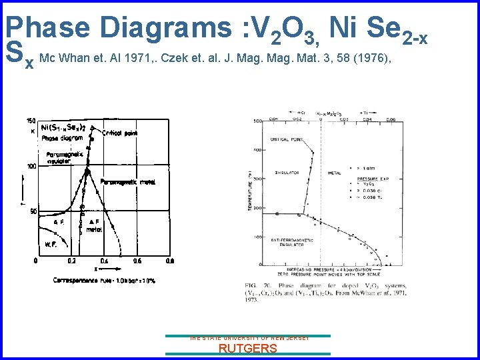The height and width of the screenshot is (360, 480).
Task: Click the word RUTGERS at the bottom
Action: tap(248, 348)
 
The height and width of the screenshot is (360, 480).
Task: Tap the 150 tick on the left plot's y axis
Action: tap(31, 121)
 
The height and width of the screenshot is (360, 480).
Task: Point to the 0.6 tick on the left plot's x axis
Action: tap(137, 261)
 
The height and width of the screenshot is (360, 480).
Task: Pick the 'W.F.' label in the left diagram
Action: tap(51, 244)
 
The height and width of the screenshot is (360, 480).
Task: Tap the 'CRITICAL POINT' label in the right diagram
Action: tap(287, 140)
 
